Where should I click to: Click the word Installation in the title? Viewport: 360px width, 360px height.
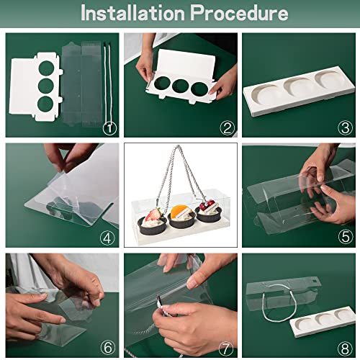(132, 13)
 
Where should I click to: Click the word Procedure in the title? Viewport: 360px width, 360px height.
(239, 13)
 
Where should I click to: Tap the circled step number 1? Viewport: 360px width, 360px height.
(109, 128)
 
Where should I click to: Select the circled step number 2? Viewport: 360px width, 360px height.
(227, 128)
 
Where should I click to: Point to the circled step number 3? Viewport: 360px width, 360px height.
(345, 128)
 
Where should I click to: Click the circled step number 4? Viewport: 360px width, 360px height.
(107, 238)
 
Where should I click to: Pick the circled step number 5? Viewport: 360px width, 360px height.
(345, 237)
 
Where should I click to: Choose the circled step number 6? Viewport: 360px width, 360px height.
(108, 347)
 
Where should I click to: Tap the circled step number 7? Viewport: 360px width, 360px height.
(225, 348)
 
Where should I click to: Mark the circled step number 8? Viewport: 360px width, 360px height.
(345, 348)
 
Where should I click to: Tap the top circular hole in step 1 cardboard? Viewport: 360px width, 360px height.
(46, 68)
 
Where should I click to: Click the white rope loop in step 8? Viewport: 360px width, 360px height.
(279, 303)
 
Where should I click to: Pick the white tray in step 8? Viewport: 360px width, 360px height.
(323, 323)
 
